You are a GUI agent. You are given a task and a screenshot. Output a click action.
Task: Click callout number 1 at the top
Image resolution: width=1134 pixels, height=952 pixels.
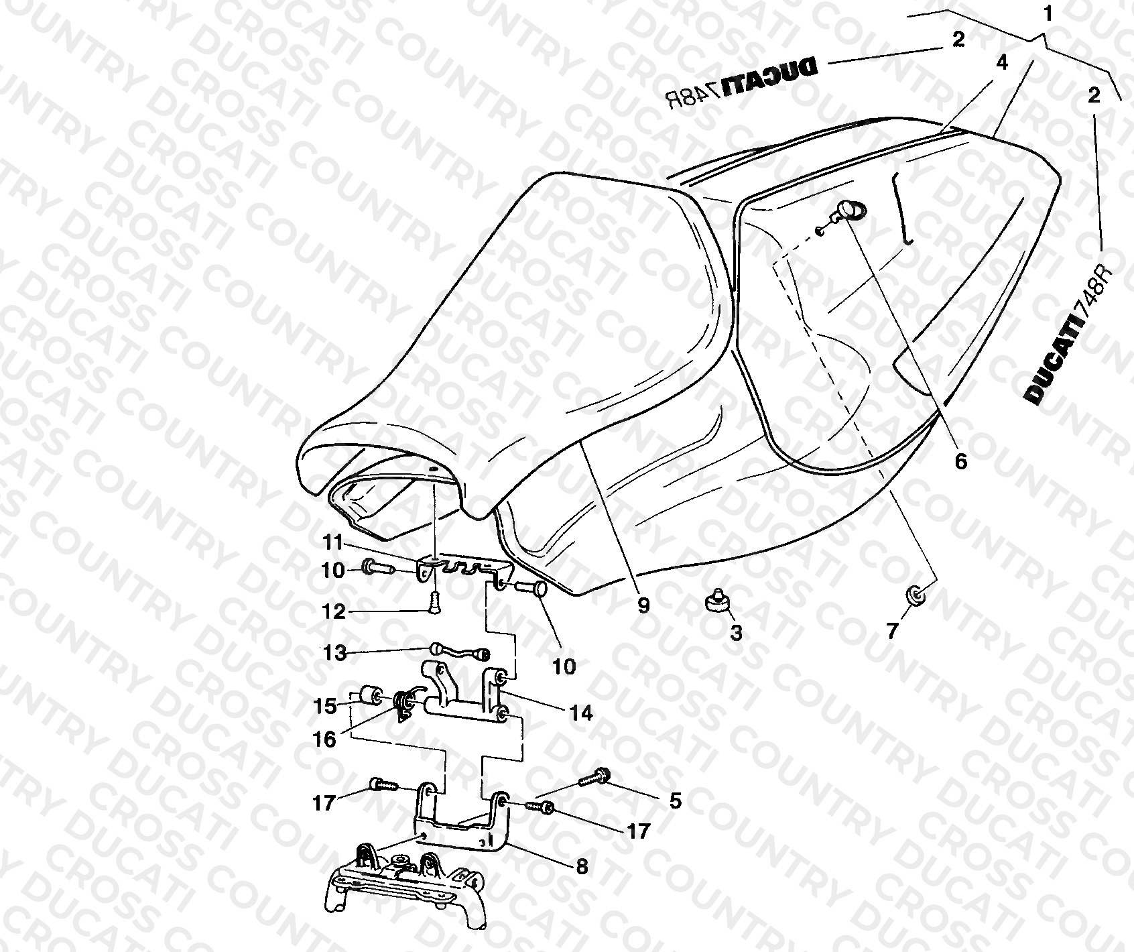(x=1048, y=13)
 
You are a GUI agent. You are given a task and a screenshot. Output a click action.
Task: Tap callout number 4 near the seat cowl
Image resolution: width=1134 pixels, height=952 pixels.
(x=1001, y=62)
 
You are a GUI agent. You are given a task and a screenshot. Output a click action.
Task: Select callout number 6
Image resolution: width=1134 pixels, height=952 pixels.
(x=961, y=461)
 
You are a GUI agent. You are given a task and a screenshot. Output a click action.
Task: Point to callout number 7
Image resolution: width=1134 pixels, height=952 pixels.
(x=892, y=631)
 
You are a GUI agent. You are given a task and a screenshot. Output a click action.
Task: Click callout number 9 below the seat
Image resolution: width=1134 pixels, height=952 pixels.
(x=643, y=605)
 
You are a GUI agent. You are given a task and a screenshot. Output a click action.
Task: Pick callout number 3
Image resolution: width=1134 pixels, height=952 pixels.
(x=736, y=632)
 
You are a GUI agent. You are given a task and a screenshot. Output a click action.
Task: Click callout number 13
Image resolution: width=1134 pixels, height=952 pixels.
(x=335, y=652)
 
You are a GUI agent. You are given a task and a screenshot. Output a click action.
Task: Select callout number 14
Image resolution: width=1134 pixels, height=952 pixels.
(x=582, y=713)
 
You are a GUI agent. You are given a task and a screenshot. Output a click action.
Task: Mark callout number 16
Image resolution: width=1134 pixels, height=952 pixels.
(x=325, y=739)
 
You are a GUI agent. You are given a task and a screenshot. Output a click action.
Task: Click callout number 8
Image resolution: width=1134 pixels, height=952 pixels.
(x=582, y=866)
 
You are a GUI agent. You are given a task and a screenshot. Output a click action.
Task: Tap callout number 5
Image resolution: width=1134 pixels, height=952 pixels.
(x=675, y=800)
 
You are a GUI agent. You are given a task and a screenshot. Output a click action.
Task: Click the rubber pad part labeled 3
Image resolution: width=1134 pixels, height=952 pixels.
(x=718, y=601)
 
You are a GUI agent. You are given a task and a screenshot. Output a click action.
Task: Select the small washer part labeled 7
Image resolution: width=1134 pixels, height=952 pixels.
(x=914, y=594)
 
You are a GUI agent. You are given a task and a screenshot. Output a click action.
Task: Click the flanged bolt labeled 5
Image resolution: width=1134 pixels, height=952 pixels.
(x=593, y=779)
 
